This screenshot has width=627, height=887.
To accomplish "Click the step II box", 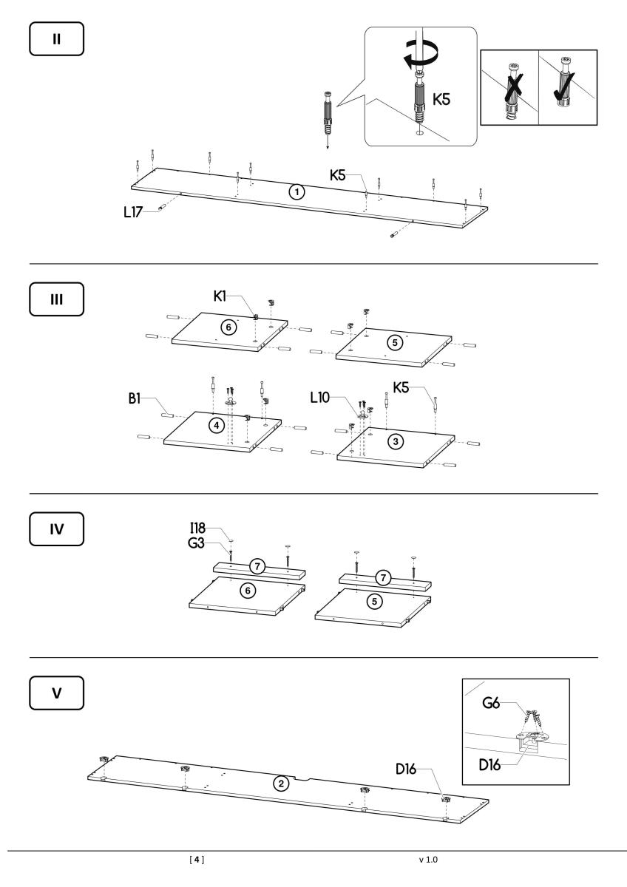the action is click(57, 38).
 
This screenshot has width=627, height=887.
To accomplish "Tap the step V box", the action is click(57, 693).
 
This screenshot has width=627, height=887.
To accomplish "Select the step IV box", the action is click(57, 529).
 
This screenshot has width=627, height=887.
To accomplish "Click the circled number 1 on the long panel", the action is click(296, 192).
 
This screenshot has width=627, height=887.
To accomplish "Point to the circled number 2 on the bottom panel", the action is click(281, 784).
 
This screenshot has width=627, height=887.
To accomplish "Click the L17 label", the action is click(133, 212).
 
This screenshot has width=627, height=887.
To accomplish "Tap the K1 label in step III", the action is click(220, 296).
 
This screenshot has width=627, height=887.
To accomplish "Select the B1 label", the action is click(135, 398).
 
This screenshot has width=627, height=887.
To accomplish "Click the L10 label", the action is click(319, 397).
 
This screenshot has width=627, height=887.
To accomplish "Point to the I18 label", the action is click(197, 528).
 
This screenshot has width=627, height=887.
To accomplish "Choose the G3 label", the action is click(196, 543).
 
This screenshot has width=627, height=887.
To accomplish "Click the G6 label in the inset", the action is click(491, 703).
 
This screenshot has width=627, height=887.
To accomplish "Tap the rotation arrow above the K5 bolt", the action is click(420, 56).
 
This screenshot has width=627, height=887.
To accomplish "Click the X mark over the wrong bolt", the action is click(513, 89).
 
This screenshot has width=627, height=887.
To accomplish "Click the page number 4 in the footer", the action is click(197, 859).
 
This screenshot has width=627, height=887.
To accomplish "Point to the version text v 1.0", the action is click(428, 860).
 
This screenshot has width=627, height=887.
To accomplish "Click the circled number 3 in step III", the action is click(396, 441).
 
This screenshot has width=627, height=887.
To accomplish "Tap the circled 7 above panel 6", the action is click(257, 566).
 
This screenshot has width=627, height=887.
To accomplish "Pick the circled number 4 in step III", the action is click(216, 425).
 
